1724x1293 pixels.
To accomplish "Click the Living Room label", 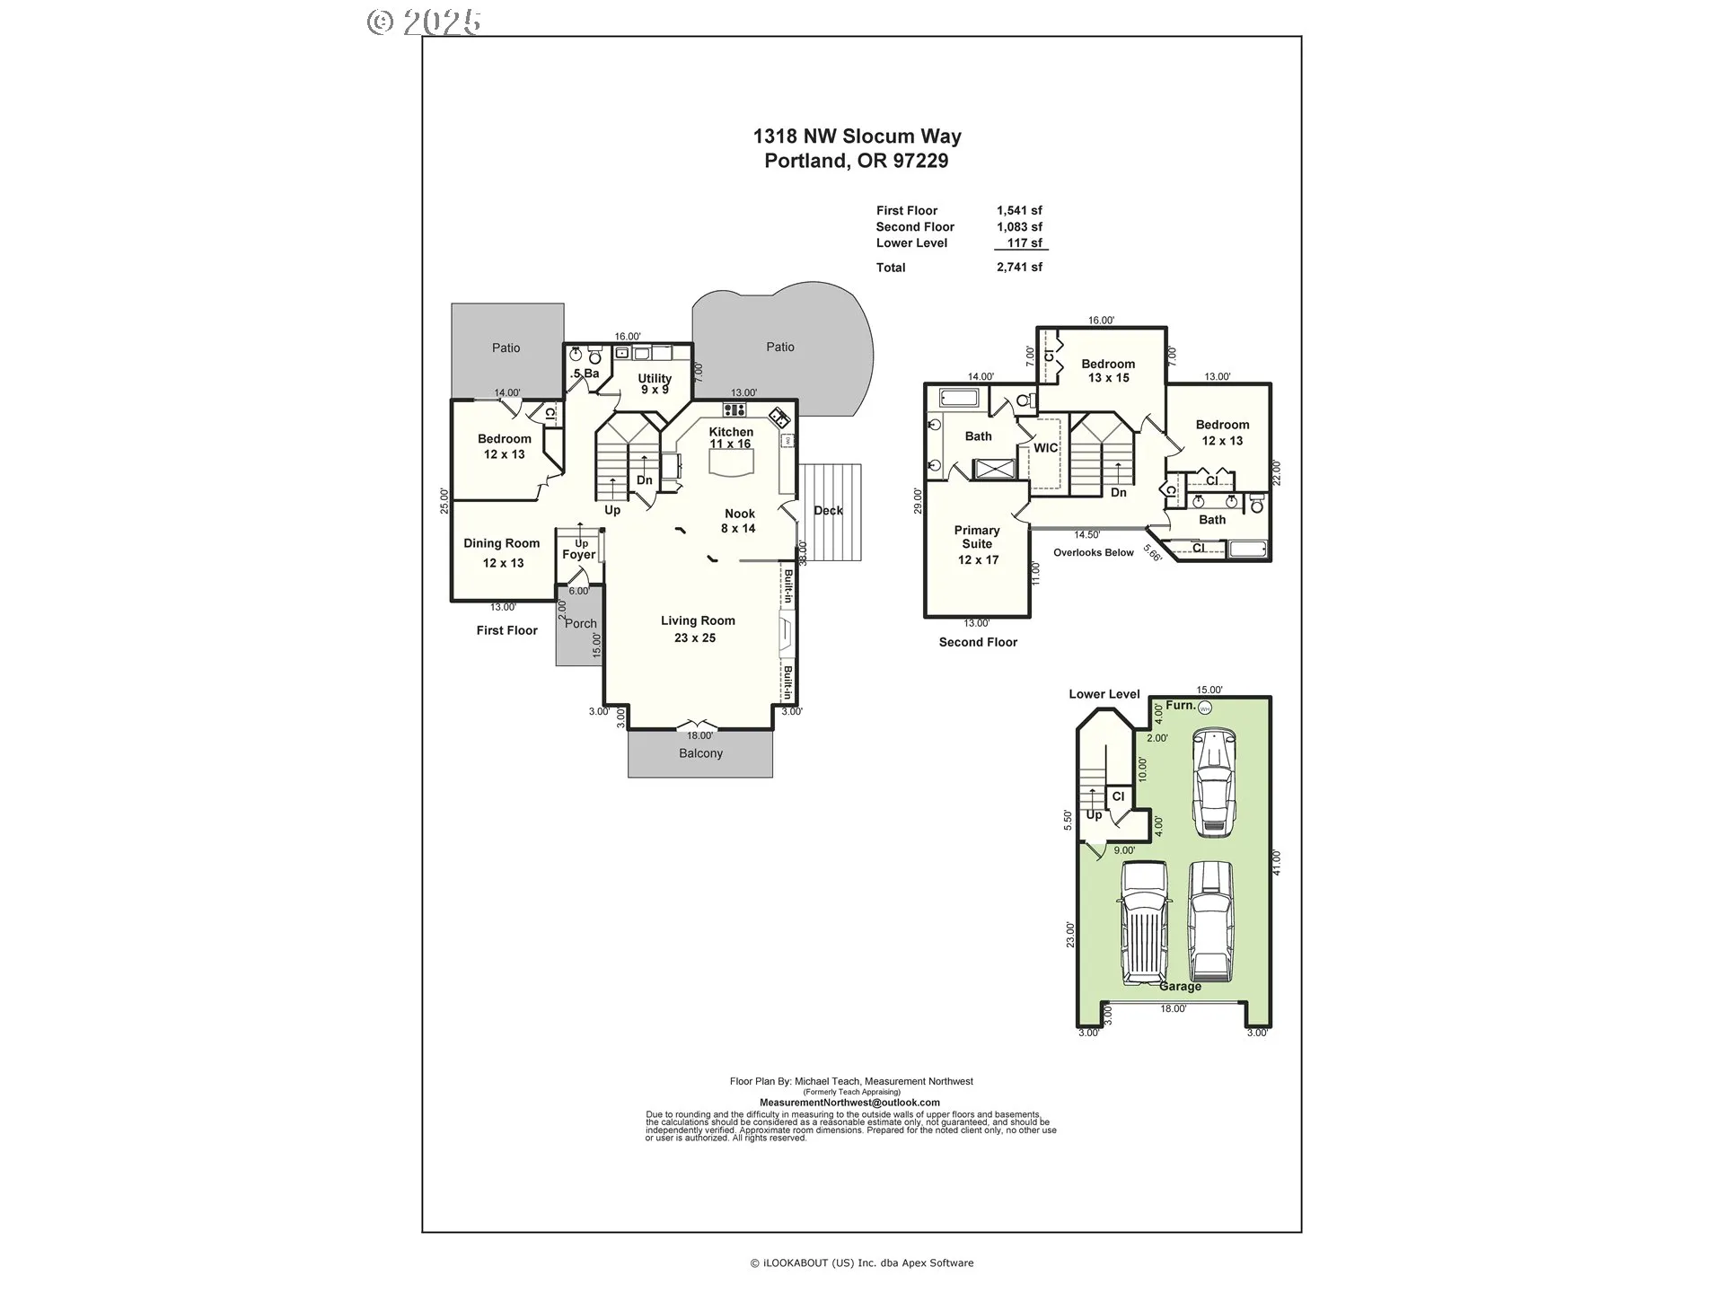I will coord(698,620).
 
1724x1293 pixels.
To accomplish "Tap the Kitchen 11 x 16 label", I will coord(731,437).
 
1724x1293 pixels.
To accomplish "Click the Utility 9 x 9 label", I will coord(655,383).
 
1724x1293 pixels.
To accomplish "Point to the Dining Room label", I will coord(501,543).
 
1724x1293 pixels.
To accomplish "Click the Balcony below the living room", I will coord(700,753).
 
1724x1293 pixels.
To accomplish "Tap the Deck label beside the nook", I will coord(828,510).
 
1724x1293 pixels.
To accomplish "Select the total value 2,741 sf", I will coord(1019,268).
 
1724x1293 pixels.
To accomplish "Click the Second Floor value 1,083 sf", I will coord(1019,227).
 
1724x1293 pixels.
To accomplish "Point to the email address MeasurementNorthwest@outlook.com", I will coord(849,1103).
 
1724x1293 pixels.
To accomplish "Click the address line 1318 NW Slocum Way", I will coord(857,136).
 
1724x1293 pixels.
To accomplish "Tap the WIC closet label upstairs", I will coord(1046,448).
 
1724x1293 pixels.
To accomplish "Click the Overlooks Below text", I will coord(1094,553).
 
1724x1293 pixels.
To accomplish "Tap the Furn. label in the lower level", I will coord(1181,706).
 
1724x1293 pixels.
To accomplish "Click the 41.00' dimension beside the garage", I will coord(1277,862).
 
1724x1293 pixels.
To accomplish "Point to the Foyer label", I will coord(579,555).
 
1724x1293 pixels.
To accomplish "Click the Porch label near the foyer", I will coord(581,623).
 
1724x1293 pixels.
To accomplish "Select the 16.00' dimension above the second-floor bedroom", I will coord(1101,321).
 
